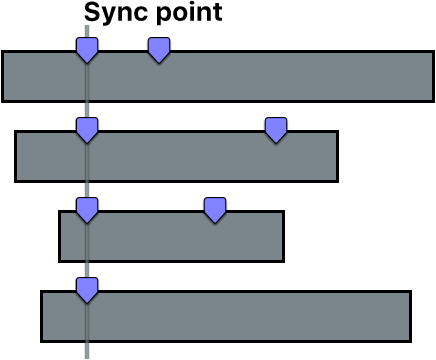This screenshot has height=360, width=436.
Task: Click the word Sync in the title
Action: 112,13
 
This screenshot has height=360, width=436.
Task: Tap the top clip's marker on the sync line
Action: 87,49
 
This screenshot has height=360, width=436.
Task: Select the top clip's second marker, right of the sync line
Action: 159,49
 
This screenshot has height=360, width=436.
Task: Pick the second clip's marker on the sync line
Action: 87,129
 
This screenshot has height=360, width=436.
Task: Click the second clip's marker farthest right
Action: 276,129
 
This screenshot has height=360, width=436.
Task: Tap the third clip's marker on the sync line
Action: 87,209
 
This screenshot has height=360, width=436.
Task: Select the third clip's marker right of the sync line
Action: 215,209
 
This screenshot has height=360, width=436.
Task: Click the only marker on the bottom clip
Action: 87,290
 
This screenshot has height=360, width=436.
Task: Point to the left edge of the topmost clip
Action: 3,77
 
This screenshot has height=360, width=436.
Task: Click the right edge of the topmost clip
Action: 432,77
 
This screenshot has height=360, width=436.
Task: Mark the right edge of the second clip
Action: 337,157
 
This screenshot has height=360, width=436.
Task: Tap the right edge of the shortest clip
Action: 283,237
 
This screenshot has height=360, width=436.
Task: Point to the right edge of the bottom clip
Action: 410,317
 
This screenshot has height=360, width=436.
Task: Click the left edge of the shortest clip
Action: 60,237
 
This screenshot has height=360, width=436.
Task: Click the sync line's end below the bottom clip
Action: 87,352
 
